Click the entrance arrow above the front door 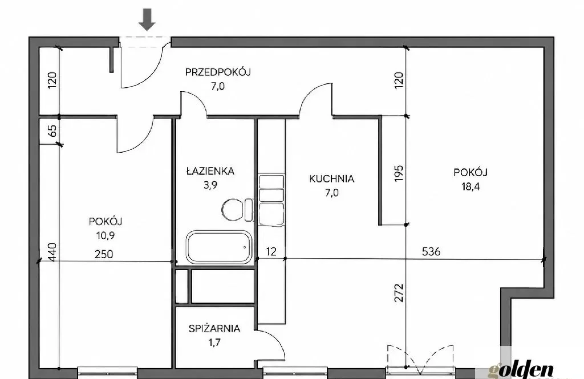pos(147,20)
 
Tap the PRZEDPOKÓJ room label pos(218,72)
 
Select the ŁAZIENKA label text pos(210,171)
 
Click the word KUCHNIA pos(331,179)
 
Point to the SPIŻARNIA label pos(214,328)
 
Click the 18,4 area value pos(471,186)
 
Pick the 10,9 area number pos(105,235)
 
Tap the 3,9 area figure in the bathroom pos(210,185)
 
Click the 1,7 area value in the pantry pos(214,342)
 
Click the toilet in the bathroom pos(237,209)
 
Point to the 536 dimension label pos(431,252)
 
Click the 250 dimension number pos(104,254)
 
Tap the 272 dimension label pos(399,293)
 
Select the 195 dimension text pos(399,173)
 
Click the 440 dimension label pos(52,252)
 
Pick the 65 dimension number pos(52,131)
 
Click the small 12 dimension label pos(271,252)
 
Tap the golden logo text pos(521,371)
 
